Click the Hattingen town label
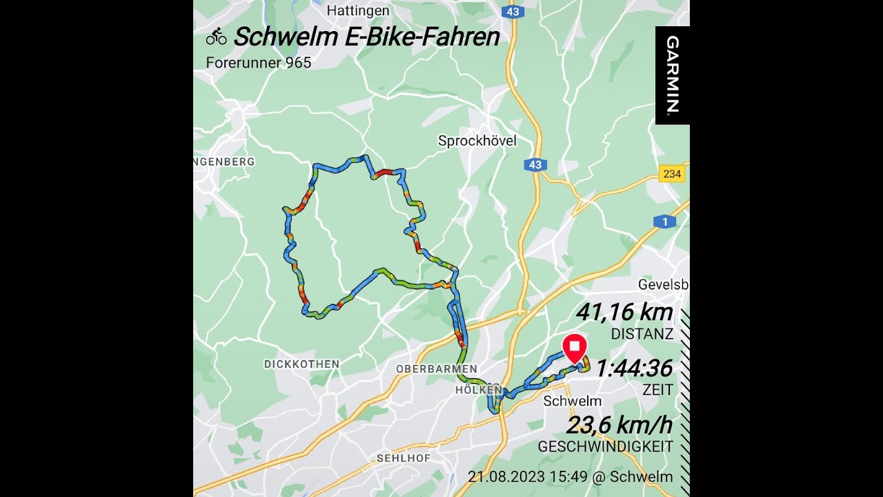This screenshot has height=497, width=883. pyautogui.click(x=358, y=11)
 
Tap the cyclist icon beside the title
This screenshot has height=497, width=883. pyautogui.click(x=216, y=37)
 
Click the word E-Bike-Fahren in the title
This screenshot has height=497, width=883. pyautogui.click(x=423, y=37)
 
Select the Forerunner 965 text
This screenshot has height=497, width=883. pyautogui.click(x=259, y=63)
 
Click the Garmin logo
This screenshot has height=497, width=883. pyautogui.click(x=673, y=75)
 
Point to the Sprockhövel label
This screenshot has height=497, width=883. pyautogui.click(x=477, y=142)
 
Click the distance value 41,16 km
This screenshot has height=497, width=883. pyautogui.click(x=624, y=313)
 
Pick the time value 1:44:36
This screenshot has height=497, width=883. pyautogui.click(x=634, y=369)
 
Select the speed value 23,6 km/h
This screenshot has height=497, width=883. pyautogui.click(x=619, y=425)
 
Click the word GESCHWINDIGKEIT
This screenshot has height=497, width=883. pyautogui.click(x=605, y=447)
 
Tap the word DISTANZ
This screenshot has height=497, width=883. pyautogui.click(x=642, y=334)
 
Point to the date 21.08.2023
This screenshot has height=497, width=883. pyautogui.click(x=505, y=477)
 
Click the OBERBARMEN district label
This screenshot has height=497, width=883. pyautogui.click(x=436, y=369)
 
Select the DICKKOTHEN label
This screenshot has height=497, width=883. pyautogui.click(x=301, y=364)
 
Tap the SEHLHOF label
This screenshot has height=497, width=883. pyautogui.click(x=404, y=458)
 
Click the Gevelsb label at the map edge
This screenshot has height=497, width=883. pyautogui.click(x=663, y=285)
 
